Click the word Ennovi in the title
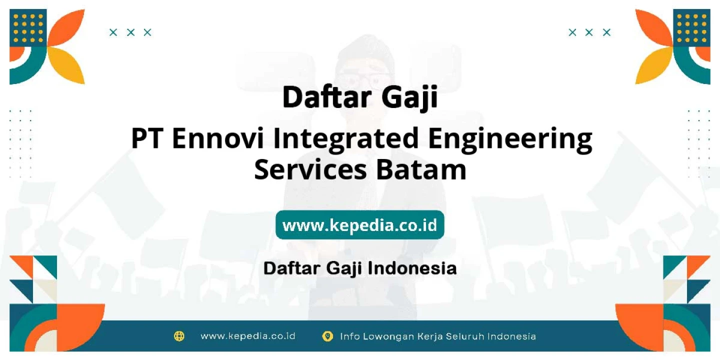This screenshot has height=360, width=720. [218, 138]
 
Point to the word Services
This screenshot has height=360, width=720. [310, 169]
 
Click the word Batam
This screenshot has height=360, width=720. [421, 169]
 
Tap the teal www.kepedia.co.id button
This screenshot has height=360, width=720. [359, 225]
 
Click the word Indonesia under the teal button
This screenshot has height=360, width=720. [412, 268]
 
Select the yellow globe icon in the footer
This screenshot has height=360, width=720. [179, 336]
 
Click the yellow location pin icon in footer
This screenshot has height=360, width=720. [327, 336]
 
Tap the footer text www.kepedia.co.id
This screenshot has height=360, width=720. [248, 336]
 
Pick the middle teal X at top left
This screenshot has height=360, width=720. [130, 32]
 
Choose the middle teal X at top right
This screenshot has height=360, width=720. [589, 32]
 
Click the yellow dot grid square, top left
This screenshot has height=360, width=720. [28, 28]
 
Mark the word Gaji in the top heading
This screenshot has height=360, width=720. [409, 98]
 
